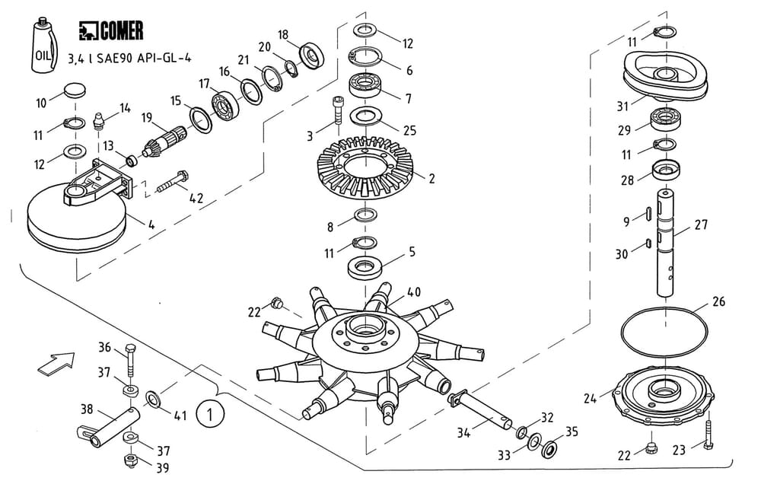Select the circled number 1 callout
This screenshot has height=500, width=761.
click(210, 413)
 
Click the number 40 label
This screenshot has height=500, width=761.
click(414, 291)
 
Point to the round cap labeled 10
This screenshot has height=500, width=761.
click(74, 91)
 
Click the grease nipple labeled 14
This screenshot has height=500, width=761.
click(98, 120)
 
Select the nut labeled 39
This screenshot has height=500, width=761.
click(129, 460)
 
